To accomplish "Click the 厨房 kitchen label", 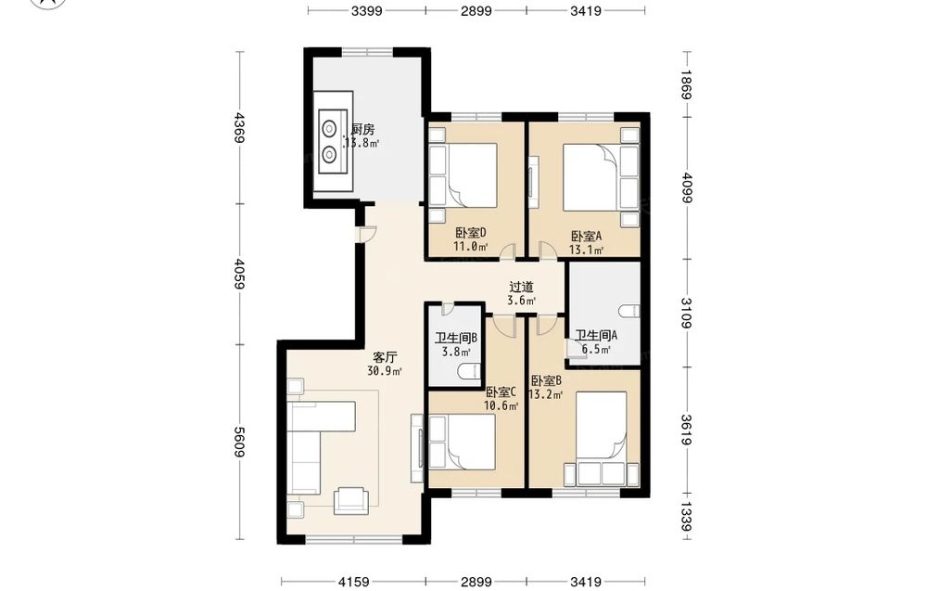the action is point(362,130).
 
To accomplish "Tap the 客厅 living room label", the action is point(385,357).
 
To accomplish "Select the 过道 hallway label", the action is point(521,287).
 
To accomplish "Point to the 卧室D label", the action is point(471,233).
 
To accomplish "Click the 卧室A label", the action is point(587,236).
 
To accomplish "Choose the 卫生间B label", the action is point(456,339).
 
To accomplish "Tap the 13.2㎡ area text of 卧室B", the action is point(545,394).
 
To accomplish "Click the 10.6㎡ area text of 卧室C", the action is point(502,405).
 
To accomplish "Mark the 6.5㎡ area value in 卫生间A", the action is point(596,349).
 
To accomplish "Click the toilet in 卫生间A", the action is point(629,311).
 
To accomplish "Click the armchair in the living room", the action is point(351,500).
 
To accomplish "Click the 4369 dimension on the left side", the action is point(238,127).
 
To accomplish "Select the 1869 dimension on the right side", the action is point(686,84).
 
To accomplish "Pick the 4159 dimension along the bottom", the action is point(354,582).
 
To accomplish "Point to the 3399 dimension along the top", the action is point(366,10).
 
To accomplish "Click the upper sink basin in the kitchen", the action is point(329,127).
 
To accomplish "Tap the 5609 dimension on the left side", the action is point(238,442).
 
